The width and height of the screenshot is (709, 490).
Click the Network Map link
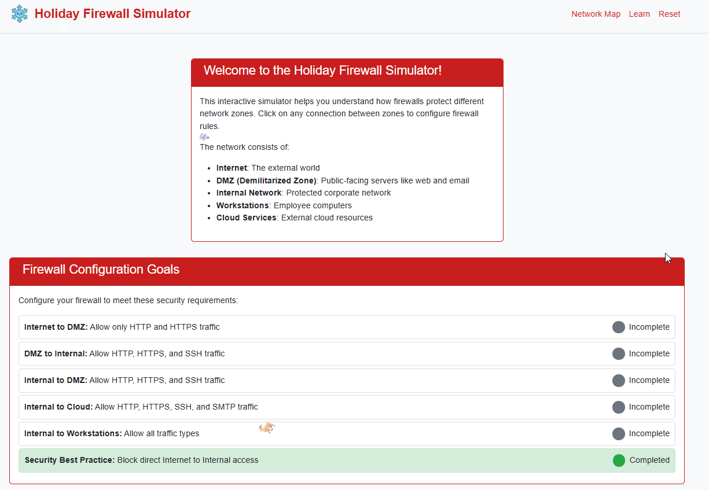pyautogui.click(x=596, y=14)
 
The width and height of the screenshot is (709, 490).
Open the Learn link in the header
pyautogui.click(x=639, y=14)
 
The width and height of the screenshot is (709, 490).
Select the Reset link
pyautogui.click(x=669, y=14)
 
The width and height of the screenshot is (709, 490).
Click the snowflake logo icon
pyautogui.click(x=20, y=14)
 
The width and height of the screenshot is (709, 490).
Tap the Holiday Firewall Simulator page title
pyautogui.click(x=112, y=14)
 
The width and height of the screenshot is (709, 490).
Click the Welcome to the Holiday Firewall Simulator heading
pyautogui.click(x=322, y=71)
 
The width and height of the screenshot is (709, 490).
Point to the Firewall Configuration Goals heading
pyautogui.click(x=101, y=270)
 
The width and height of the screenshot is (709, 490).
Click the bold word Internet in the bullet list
pyautogui.click(x=232, y=168)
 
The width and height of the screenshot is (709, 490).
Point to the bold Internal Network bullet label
pyautogui.click(x=249, y=193)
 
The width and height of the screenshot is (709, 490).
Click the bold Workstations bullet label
pyautogui.click(x=243, y=205)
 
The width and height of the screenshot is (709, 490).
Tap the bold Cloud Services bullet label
pyautogui.click(x=246, y=218)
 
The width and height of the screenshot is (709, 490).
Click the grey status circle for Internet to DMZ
pyautogui.click(x=619, y=327)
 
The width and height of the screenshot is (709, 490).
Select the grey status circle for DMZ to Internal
pyautogui.click(x=619, y=353)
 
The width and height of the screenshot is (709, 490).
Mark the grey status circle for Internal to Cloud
pyautogui.click(x=619, y=407)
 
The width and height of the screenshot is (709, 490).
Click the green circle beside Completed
pyautogui.click(x=619, y=460)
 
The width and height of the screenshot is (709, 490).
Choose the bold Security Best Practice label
pyautogui.click(x=69, y=460)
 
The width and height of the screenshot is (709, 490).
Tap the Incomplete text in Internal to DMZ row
pyautogui.click(x=649, y=380)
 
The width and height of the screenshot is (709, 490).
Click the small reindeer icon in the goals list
pyautogui.click(x=267, y=428)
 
